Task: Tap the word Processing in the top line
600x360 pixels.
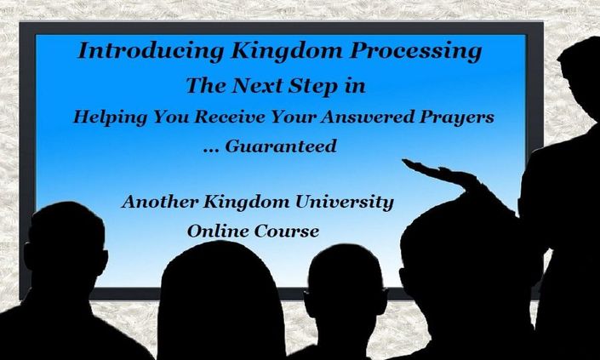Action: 415,51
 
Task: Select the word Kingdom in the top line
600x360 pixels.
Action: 287,51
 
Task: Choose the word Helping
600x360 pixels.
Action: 110,117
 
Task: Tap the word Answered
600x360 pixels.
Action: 369,117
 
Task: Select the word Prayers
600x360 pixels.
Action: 456,117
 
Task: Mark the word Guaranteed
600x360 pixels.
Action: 281,146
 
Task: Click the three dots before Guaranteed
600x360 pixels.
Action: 211,151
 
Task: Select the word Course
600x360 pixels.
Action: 286,231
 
